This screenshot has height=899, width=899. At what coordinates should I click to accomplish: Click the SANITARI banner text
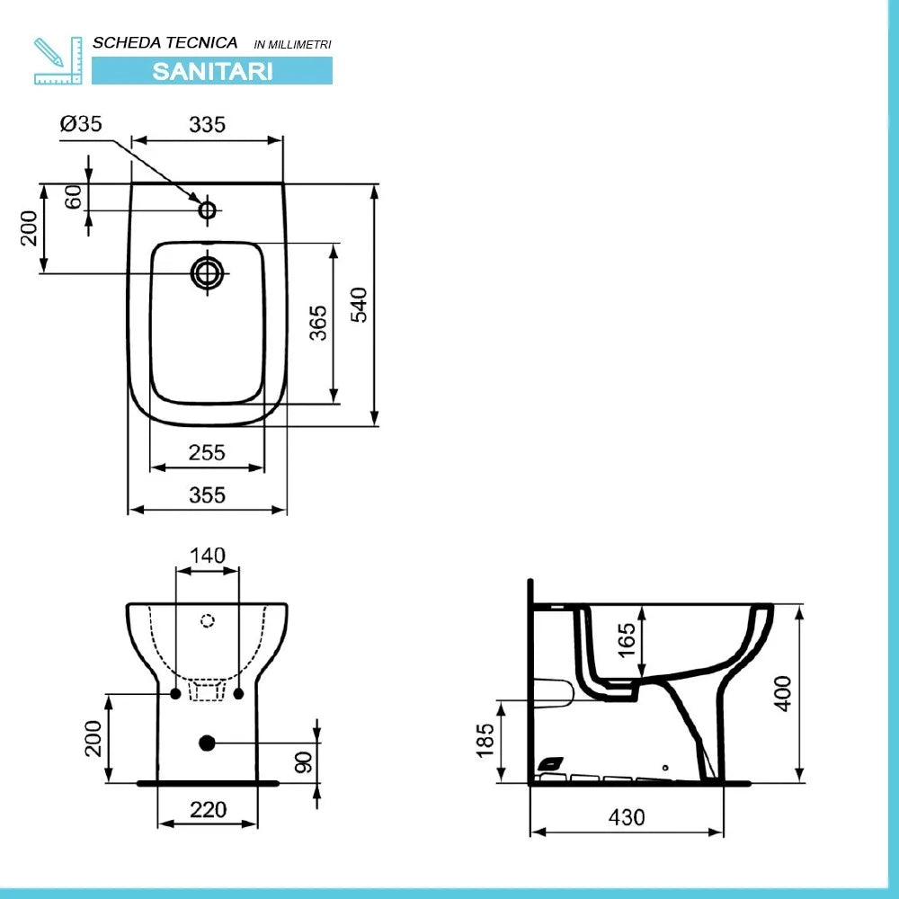pos(212,71)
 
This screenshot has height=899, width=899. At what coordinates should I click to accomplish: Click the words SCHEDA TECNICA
pos(165,42)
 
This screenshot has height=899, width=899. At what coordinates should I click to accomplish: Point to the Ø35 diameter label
pos(81,125)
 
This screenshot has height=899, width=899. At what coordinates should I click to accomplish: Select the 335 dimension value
pos(207,125)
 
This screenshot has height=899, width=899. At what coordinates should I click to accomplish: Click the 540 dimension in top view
pos(358,305)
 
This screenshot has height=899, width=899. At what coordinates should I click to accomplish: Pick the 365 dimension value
pos(318,323)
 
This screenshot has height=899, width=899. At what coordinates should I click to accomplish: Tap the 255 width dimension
pos(207,453)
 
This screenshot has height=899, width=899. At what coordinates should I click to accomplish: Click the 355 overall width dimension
pos(207,494)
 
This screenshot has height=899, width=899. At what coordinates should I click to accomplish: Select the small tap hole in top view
pos(208,210)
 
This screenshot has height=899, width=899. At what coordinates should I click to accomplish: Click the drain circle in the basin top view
pos(208,271)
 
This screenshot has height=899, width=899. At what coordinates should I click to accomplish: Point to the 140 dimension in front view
pos(208,555)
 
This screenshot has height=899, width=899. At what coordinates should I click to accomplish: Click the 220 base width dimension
pos(209,809)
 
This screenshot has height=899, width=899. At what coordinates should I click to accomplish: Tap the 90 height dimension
pos(303,761)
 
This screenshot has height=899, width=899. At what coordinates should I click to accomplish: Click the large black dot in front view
pos(207,743)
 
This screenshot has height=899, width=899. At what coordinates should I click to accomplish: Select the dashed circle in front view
pos(208,619)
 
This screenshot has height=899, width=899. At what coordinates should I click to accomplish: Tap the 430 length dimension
pos(627,817)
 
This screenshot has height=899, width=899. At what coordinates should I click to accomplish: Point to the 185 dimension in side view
pos(485,740)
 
